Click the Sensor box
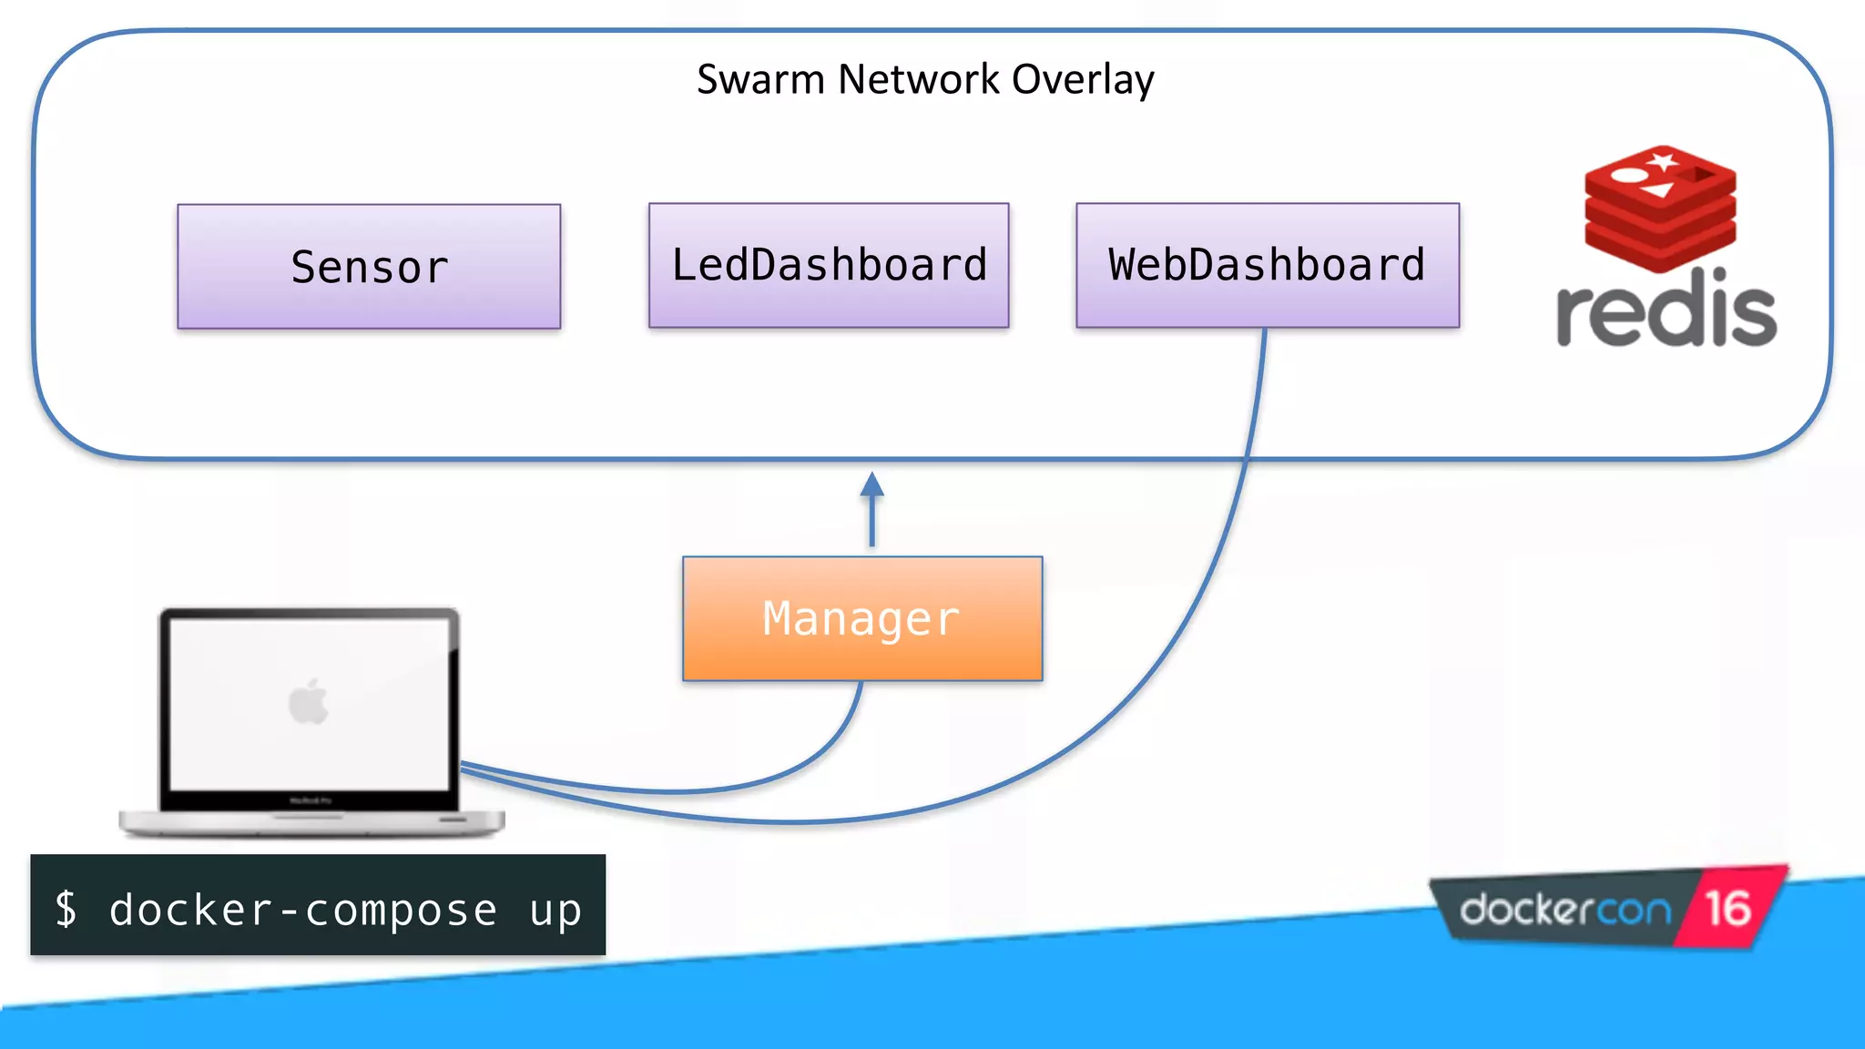369,266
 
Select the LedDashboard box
829,265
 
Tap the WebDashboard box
1267,265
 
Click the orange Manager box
862,618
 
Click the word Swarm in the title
760,80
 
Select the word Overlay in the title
1083,80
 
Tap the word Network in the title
918,80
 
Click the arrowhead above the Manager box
872,484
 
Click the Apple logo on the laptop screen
309,702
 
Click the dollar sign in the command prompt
66,908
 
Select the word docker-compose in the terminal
303,910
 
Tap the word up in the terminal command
555,910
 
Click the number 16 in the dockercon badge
1727,908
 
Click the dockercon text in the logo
1565,910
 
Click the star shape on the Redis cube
1663,162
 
